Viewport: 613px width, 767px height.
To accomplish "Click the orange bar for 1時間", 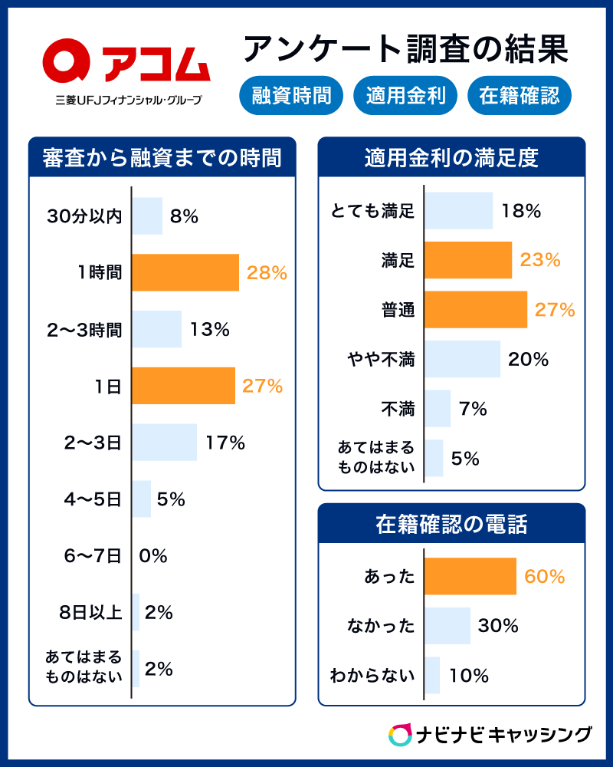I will [x=185, y=272].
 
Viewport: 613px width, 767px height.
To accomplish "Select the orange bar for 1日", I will [x=183, y=386].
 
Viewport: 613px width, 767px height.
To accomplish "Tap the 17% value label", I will [x=225, y=443].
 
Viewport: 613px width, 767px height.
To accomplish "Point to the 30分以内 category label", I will [x=84, y=216].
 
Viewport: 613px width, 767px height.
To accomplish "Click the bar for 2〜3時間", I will [x=156, y=329].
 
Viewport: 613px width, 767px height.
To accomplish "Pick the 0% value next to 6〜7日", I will [x=153, y=556].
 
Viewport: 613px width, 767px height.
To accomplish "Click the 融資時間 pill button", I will [x=291, y=96].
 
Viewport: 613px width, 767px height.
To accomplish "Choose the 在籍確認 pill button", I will [x=519, y=96].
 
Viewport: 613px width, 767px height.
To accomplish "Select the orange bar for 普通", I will [x=476, y=310].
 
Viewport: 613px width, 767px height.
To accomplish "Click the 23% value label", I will [x=540, y=260].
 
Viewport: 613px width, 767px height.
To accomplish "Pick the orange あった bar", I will [x=470, y=577].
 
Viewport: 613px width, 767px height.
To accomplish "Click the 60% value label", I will [x=545, y=577].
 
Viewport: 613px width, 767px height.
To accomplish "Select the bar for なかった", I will [x=447, y=626].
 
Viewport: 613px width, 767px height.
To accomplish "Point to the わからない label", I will [x=372, y=676].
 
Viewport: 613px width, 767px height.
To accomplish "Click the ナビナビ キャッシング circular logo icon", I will [x=400, y=734].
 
